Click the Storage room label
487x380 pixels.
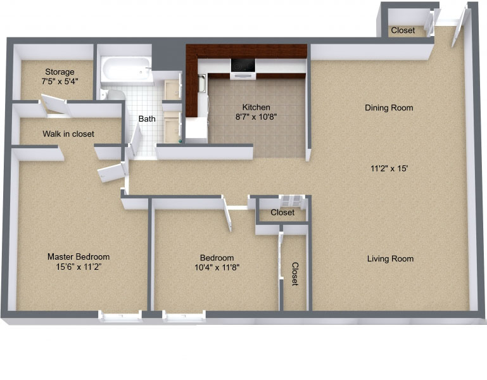(x=60, y=72)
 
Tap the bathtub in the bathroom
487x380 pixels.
(x=127, y=70)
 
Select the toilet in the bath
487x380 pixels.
(x=112, y=94)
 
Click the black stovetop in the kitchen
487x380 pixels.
(x=243, y=65)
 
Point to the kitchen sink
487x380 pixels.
(x=202, y=83)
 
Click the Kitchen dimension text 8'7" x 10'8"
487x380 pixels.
(x=256, y=117)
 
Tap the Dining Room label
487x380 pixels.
(x=389, y=108)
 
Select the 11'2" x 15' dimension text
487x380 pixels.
(x=389, y=168)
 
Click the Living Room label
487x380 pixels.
(x=390, y=258)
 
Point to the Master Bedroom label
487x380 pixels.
(x=79, y=256)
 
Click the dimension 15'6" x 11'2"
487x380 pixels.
(x=79, y=267)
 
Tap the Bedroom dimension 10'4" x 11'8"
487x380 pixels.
(x=217, y=267)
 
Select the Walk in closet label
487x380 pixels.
(x=68, y=134)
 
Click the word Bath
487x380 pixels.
(x=147, y=118)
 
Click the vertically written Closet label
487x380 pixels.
(x=295, y=274)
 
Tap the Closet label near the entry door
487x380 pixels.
(x=403, y=30)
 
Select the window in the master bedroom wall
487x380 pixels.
(x=120, y=316)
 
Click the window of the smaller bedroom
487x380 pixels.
(x=184, y=316)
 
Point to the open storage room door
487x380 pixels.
(x=54, y=104)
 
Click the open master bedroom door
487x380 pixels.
(x=111, y=172)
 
